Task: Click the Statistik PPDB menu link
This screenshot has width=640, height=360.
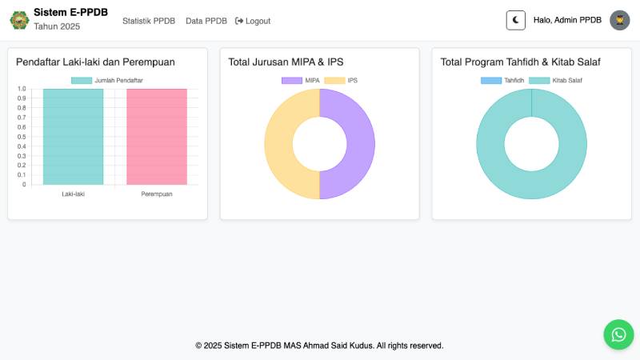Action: click(149, 21)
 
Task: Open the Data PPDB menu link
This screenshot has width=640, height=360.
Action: click(206, 21)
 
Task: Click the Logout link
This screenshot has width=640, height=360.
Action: click(253, 21)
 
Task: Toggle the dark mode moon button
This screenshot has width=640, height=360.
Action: click(516, 20)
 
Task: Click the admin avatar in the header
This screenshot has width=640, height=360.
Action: click(619, 20)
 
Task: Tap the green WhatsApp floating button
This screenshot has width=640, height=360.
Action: click(618, 334)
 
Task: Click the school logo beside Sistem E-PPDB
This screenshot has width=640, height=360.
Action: click(18, 20)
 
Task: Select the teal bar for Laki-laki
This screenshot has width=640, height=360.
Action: click(74, 136)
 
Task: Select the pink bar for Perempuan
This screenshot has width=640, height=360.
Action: click(157, 136)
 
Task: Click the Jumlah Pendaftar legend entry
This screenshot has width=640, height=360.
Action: click(107, 80)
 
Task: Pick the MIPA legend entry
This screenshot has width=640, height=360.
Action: click(302, 80)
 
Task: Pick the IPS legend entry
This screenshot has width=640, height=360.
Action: click(342, 80)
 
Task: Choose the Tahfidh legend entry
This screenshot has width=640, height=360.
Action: click(503, 80)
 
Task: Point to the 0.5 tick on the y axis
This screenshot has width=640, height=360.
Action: click(22, 137)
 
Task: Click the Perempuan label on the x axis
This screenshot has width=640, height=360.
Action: click(157, 194)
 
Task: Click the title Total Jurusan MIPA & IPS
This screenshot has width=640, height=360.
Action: click(286, 62)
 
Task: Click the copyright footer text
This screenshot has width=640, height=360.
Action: click(319, 346)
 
